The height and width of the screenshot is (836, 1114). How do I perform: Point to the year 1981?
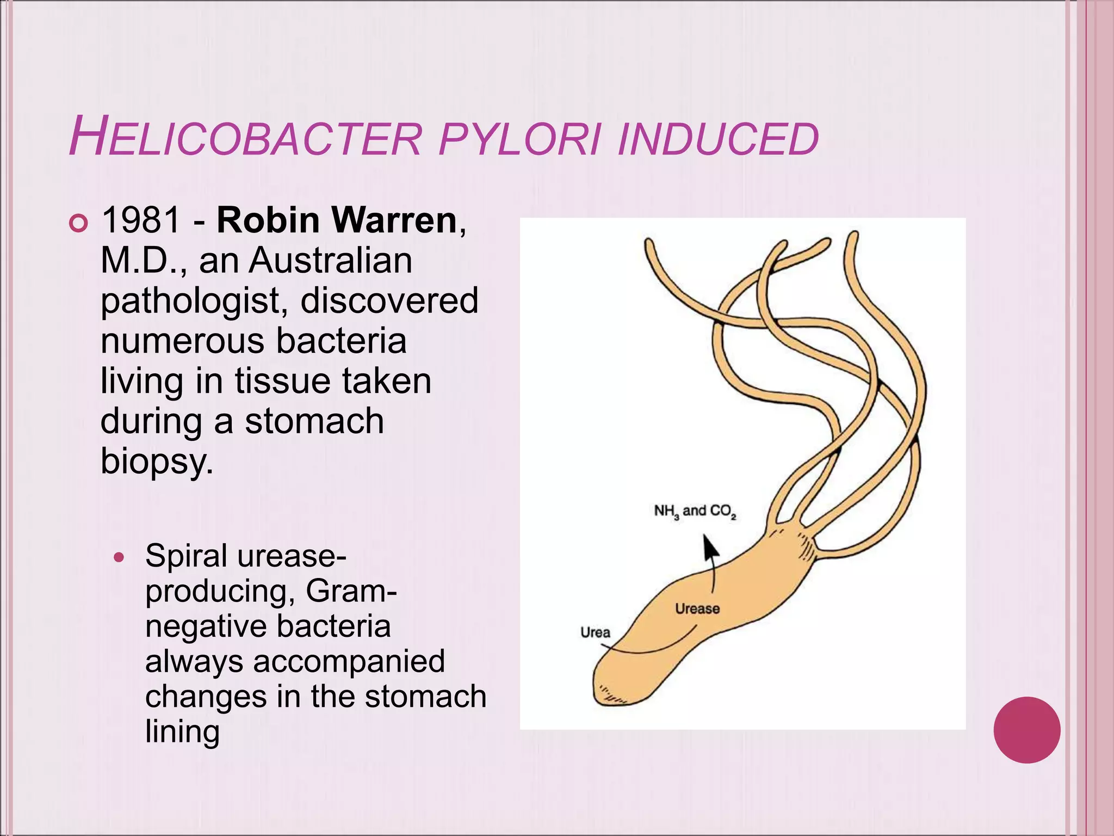tap(141, 220)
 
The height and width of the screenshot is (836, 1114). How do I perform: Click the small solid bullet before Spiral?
tap(120, 558)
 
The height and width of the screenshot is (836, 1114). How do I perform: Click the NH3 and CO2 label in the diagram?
tap(695, 512)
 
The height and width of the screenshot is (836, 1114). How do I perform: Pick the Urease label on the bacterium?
tap(697, 608)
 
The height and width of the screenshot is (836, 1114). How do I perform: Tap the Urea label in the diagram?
tap(595, 632)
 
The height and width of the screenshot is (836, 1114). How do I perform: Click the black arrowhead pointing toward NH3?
tap(709, 547)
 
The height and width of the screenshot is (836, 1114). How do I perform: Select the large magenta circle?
tap(1027, 730)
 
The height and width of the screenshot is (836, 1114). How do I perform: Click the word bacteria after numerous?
tap(341, 341)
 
